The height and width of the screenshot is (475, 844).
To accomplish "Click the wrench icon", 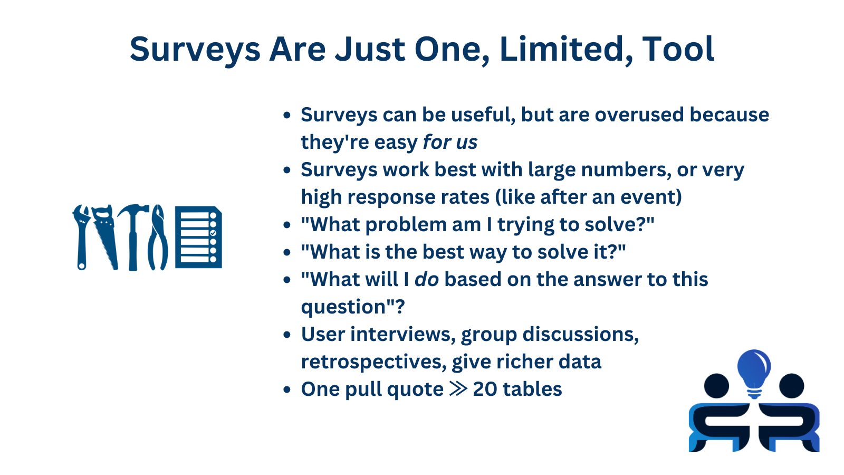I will coord(82,236).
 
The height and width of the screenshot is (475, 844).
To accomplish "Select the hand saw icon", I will coord(106,236).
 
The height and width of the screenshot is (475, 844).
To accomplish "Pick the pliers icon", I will coord(157,237).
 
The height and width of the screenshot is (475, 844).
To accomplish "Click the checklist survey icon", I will coord(198,237).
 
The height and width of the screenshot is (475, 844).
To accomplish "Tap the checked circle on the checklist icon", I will coord(213,233).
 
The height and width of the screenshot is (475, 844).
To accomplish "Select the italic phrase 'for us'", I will coord(450,142).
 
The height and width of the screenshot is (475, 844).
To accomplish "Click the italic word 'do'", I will coord(426,280).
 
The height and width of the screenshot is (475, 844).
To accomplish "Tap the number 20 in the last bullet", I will coord(484,389).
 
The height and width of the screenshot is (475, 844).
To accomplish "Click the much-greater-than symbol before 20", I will coord(458,389).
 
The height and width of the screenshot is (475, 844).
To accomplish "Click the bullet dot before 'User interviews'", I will coord(287,335).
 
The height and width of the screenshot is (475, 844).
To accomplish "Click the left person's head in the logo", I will coord(716,386).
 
